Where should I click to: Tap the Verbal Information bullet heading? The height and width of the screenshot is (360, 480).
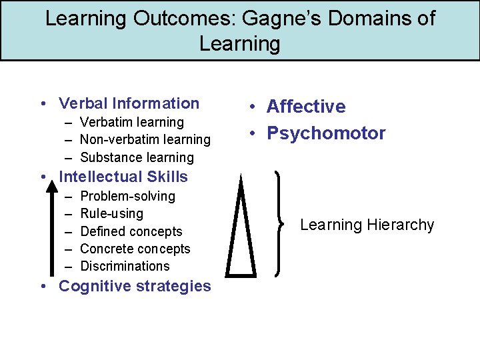click(129, 103)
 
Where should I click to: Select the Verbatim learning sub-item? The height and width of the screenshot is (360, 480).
click(131, 122)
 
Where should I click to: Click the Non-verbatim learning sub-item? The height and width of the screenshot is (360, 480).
click(145, 139)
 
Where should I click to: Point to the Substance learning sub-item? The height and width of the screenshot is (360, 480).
click(137, 157)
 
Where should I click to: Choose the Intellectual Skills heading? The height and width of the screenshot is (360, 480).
click(123, 177)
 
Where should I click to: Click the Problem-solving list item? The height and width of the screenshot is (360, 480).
click(127, 196)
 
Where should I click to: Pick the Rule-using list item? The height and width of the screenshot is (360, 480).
click(111, 213)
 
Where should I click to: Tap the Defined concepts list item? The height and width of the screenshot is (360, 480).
click(131, 231)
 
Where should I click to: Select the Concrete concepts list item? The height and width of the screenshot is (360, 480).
click(135, 249)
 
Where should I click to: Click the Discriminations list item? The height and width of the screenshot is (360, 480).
click(125, 266)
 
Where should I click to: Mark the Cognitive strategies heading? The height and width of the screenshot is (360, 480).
click(135, 286)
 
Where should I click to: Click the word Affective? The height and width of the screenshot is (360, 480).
click(306, 107)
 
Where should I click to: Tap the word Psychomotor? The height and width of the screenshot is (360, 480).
click(326, 133)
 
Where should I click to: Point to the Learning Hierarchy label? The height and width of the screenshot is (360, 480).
click(367, 225)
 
